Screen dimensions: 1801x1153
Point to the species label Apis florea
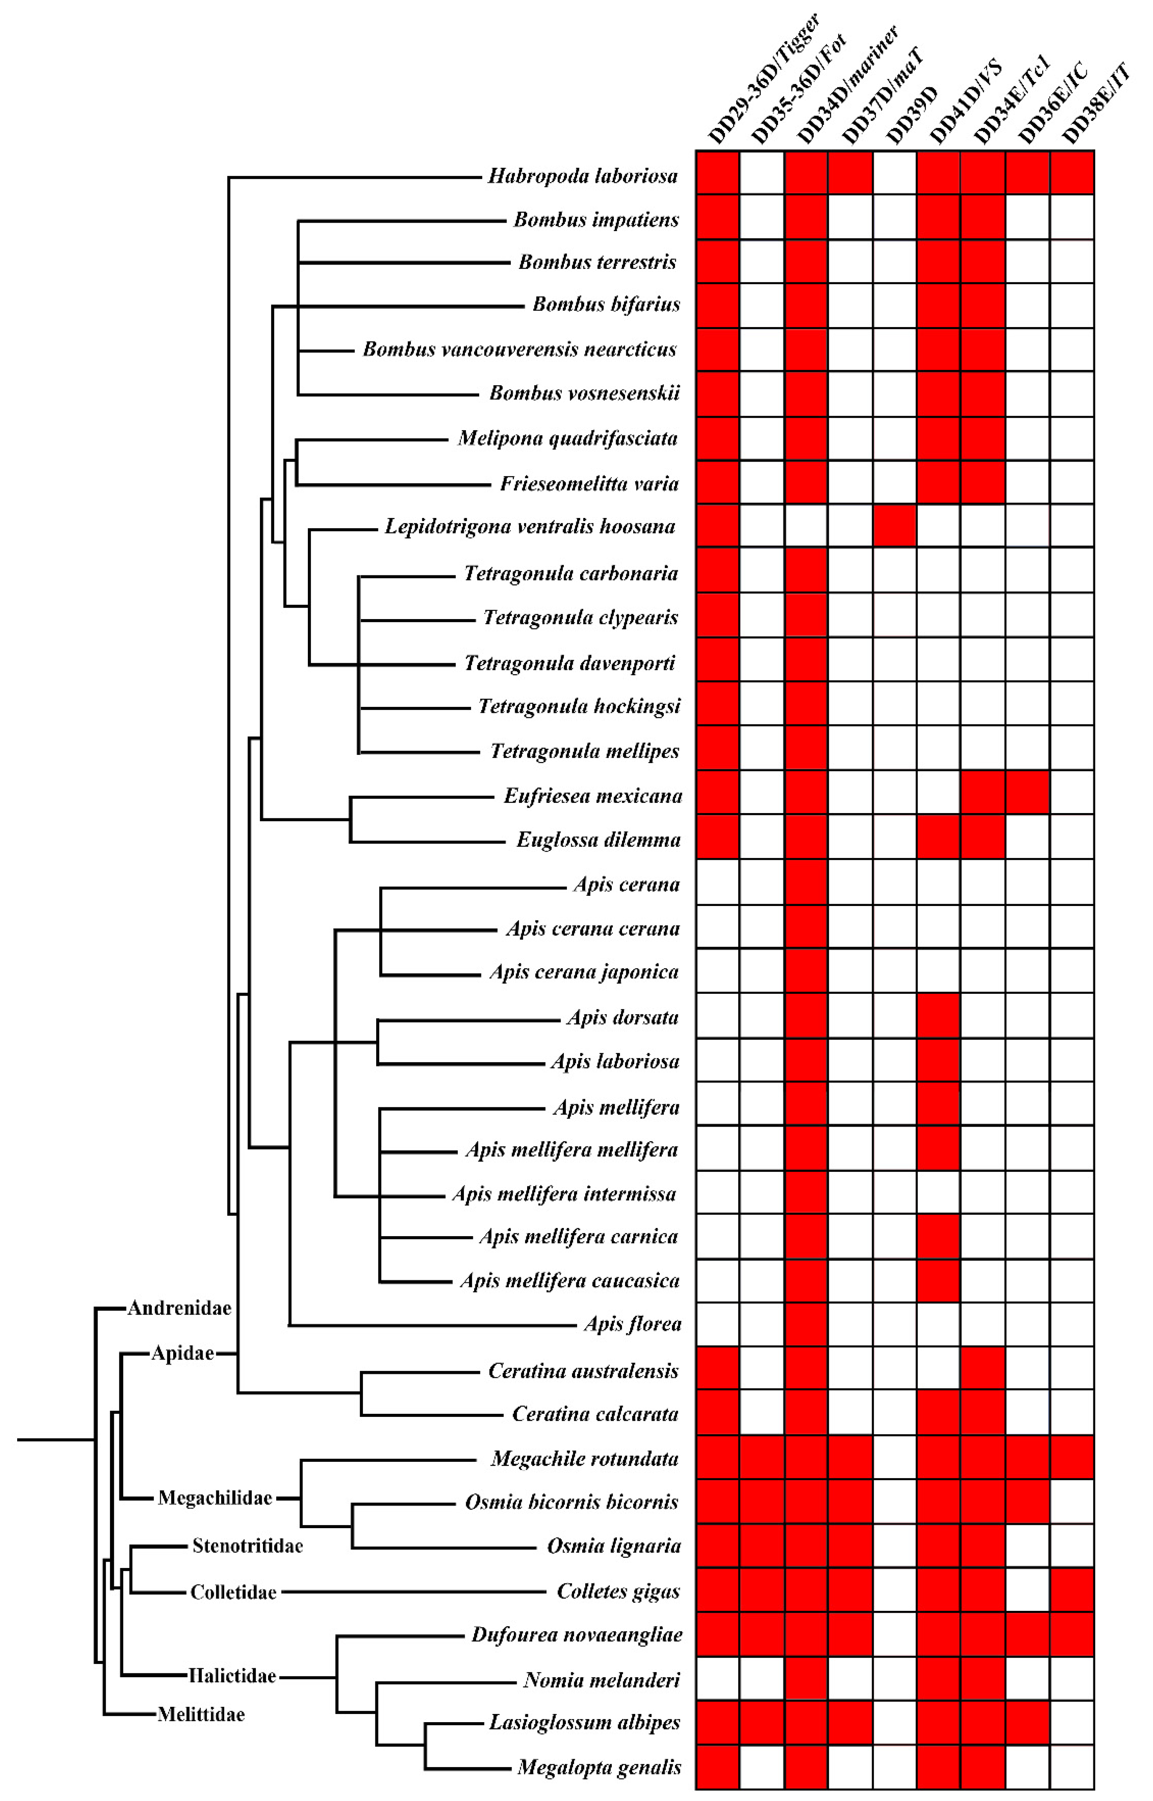tap(632, 1324)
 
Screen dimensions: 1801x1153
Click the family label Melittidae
tap(201, 1715)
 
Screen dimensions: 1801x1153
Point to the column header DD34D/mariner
tap(846, 86)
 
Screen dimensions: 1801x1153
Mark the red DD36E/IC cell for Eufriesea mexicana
tap(1027, 792)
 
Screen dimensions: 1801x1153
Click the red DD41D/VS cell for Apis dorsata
tap(939, 1015)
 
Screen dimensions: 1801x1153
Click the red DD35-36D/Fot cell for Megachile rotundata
tap(762, 1457)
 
